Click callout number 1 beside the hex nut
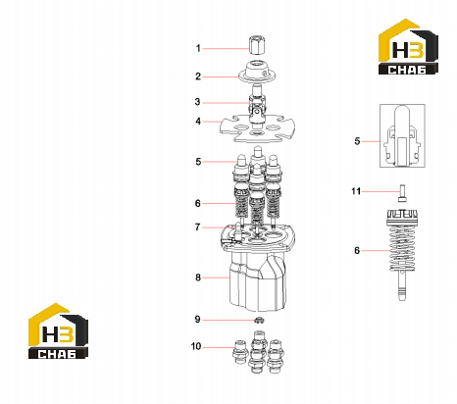click(198, 48)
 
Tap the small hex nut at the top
click(256, 45)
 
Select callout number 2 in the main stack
click(198, 76)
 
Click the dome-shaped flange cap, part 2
click(257, 72)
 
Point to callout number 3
click(197, 102)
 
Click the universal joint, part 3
click(257, 106)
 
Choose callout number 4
click(198, 122)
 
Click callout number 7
click(197, 227)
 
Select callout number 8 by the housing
click(198, 278)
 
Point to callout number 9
click(197, 319)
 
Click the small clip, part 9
click(259, 321)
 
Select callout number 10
click(196, 346)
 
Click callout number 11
click(356, 191)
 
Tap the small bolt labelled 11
click(402, 193)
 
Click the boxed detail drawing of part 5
click(402, 135)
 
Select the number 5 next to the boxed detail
click(357, 141)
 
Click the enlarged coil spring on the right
click(402, 248)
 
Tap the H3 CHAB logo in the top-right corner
click(408, 47)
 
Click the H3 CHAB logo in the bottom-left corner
click(58, 331)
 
